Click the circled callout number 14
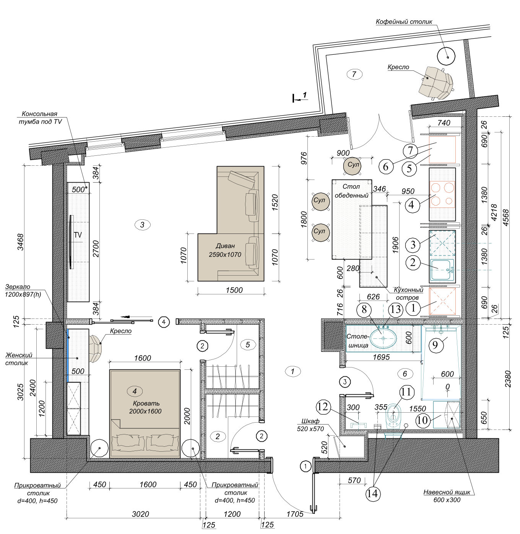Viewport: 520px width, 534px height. click(x=372, y=494)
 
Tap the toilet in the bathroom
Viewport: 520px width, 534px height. click(x=393, y=417)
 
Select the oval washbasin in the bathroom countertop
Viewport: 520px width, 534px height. click(x=383, y=338)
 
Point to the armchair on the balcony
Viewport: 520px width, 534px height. click(x=435, y=82)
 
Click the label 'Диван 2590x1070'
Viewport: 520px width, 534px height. click(x=225, y=250)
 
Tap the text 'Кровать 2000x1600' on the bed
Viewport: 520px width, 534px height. click(x=146, y=407)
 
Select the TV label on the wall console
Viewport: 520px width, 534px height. click(x=78, y=235)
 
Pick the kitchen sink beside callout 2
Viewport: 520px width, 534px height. click(x=442, y=270)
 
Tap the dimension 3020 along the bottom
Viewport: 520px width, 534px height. click(x=140, y=514)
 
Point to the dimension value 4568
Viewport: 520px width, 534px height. click(x=506, y=217)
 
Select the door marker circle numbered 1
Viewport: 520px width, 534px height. click(x=305, y=466)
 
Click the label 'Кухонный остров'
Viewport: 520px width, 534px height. click(x=408, y=294)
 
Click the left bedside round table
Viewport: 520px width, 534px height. click(x=99, y=448)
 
